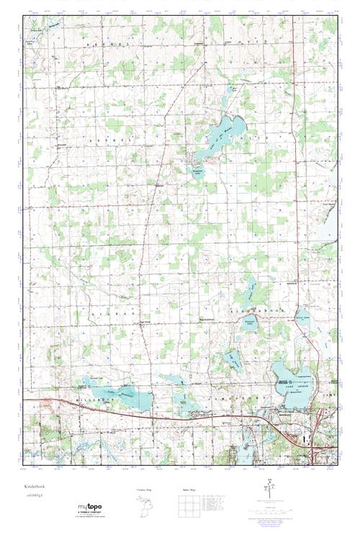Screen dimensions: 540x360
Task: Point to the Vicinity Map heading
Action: (x=145, y=490)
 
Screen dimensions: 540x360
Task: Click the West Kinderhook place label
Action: (x=207, y=318)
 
